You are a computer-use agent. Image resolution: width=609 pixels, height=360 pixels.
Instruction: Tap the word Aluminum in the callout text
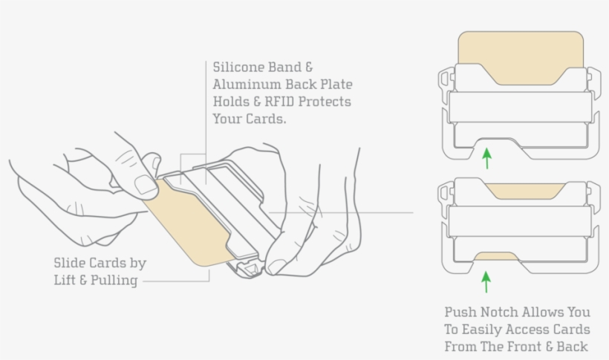click(x=247, y=84)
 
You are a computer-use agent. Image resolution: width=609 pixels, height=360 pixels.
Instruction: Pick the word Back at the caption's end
click(x=572, y=346)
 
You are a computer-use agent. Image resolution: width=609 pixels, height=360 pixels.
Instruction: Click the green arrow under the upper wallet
click(x=486, y=158)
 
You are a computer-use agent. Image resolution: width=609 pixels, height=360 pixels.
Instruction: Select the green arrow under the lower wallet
click(x=486, y=282)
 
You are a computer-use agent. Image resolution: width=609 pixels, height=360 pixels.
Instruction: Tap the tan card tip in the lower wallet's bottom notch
click(x=496, y=256)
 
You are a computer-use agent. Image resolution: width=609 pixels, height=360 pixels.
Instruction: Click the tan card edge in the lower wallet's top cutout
click(x=525, y=191)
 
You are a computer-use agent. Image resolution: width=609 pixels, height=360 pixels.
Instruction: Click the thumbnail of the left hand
click(x=146, y=185)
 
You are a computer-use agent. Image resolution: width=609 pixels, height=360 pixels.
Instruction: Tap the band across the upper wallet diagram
click(x=520, y=107)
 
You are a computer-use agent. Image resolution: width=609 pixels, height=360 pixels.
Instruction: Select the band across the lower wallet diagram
click(x=520, y=221)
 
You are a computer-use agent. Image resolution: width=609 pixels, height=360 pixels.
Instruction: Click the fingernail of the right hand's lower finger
click(x=276, y=266)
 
